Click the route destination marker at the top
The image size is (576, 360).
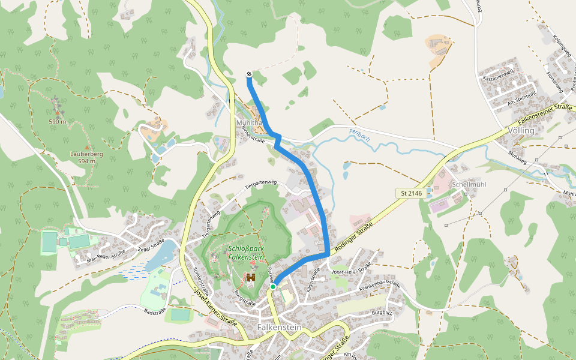249,74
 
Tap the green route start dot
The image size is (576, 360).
273,287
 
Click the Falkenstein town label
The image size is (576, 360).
278,328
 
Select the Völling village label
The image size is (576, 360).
521,130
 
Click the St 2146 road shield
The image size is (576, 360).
410,193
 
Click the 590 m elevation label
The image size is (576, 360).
58,122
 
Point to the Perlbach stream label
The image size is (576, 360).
359,136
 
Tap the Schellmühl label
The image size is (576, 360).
467,184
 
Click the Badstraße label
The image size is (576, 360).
154,311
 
